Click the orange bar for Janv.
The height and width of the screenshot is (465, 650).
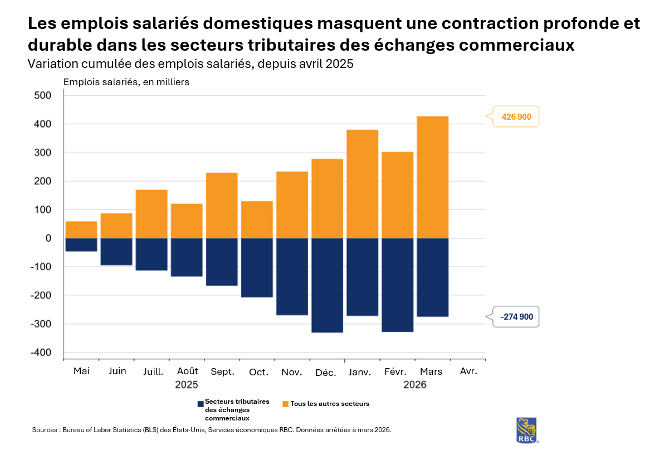[362, 184]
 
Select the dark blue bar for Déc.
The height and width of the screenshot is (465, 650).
[327, 285]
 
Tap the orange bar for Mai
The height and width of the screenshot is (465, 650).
[81, 229]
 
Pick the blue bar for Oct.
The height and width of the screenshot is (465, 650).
[257, 267]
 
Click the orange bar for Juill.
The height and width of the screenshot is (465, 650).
[151, 214]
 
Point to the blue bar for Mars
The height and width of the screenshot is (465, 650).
[432, 277]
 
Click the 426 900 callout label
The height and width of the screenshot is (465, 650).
[516, 117]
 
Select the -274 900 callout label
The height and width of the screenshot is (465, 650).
[516, 317]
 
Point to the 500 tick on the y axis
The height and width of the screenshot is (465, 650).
[42, 95]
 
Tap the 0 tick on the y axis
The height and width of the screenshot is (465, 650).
[48, 238]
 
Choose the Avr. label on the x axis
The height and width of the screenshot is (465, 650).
[468, 371]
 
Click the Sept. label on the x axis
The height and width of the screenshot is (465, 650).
[222, 371]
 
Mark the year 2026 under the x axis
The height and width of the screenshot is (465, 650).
[415, 384]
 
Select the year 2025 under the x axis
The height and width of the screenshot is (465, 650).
[187, 384]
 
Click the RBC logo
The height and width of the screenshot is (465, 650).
[527, 430]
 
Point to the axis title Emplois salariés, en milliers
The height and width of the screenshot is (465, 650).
[126, 82]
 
